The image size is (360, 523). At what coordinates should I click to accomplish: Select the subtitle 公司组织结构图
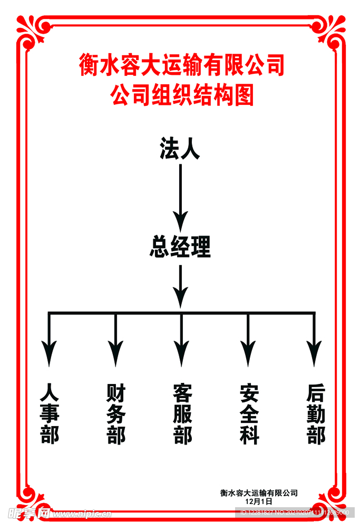click(x=181, y=95)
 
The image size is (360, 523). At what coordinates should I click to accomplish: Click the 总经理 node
click(x=180, y=246)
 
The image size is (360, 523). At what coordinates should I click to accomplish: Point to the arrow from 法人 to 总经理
click(x=180, y=195)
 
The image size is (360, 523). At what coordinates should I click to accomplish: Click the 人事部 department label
click(x=50, y=413)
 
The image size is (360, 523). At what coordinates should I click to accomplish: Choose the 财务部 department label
click(x=115, y=413)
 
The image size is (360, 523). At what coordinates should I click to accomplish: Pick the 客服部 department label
click(x=182, y=413)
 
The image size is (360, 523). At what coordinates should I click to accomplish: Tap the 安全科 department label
click(x=248, y=413)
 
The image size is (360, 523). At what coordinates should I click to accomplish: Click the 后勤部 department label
click(x=315, y=413)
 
